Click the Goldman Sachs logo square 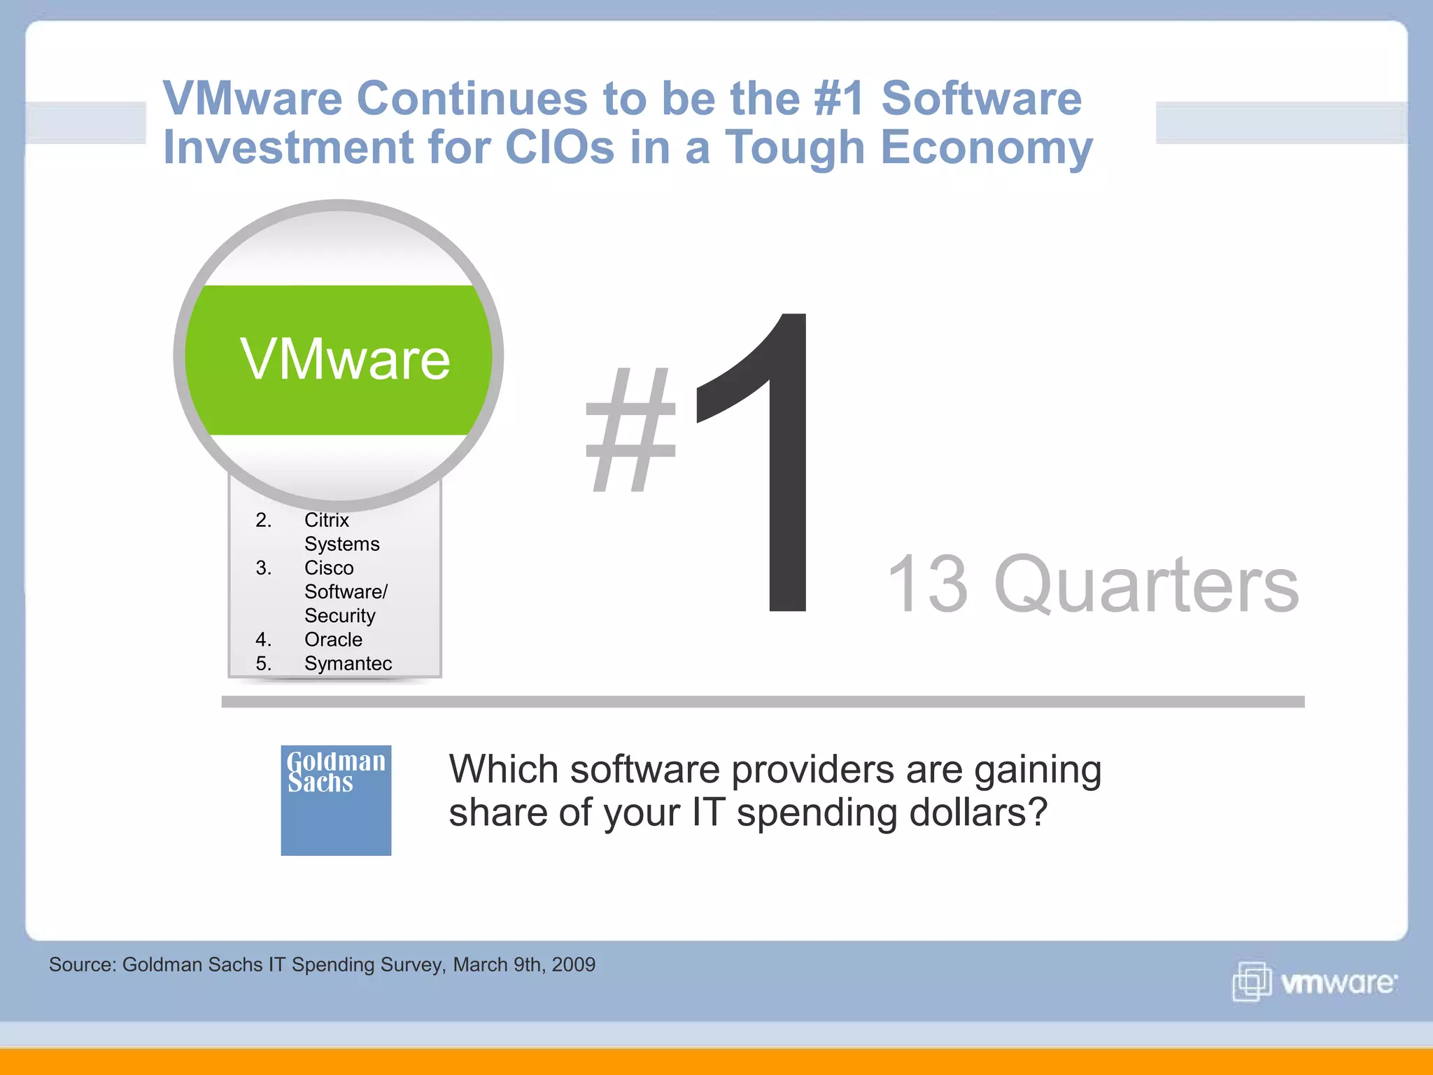click(x=336, y=800)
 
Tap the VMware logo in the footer click(x=1314, y=982)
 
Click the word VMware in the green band click(x=345, y=359)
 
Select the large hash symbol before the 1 click(x=631, y=430)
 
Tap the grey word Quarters click(x=1146, y=584)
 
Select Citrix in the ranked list click(x=326, y=520)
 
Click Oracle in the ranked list click(x=333, y=640)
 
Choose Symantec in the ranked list click(x=348, y=663)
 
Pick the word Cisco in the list click(x=329, y=568)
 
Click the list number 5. click(x=263, y=663)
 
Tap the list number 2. click(x=263, y=520)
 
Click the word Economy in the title click(x=986, y=148)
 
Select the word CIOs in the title click(x=559, y=148)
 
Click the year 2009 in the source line click(x=573, y=964)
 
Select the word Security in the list click(x=339, y=616)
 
